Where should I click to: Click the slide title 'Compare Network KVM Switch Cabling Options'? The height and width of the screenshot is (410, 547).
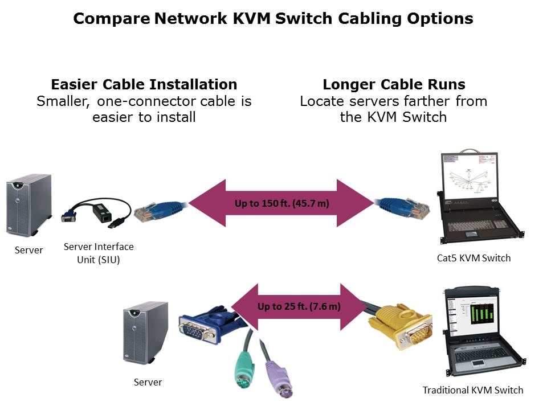tap(273, 19)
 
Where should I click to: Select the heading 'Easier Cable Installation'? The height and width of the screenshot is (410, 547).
tap(144, 85)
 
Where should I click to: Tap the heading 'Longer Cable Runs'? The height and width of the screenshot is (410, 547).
tap(394, 85)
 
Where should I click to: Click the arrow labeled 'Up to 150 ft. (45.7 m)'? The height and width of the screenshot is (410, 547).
tap(281, 203)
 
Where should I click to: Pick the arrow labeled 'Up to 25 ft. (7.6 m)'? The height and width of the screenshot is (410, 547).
tap(299, 306)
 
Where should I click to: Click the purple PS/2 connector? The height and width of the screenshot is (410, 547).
tap(274, 375)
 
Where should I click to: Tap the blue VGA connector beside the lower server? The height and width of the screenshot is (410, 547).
tap(204, 327)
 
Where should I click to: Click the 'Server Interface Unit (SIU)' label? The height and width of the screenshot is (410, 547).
tap(99, 252)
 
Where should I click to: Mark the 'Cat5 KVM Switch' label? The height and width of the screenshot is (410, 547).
tap(473, 258)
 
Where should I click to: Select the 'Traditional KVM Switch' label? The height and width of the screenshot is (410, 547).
tap(472, 390)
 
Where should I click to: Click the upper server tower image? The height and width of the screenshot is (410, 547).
tap(28, 205)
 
